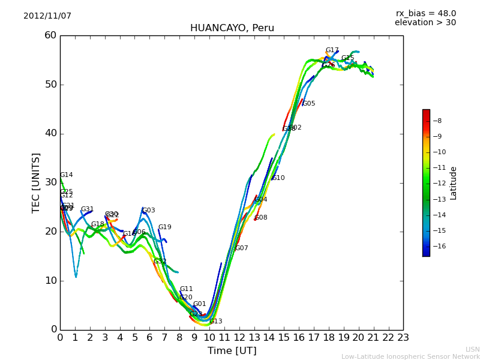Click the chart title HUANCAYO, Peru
coord(232,28)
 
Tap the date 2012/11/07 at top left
coord(47,16)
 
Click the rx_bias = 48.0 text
coord(425,14)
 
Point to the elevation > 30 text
coord(425,23)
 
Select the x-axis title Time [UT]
coord(232,351)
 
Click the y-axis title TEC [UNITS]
coord(36,182)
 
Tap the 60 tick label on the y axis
coord(50,35)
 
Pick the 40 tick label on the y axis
coord(50,133)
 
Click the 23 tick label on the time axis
coord(403,338)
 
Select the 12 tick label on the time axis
coord(239,338)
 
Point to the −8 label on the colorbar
coord(437,121)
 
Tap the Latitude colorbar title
coord(454,182)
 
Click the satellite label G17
coord(332,50)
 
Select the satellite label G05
coord(309,104)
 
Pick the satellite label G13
coord(216,322)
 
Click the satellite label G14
coord(67,175)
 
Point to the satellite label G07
coord(242,248)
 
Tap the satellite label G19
coord(165,227)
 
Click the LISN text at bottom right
coord(473,349)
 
